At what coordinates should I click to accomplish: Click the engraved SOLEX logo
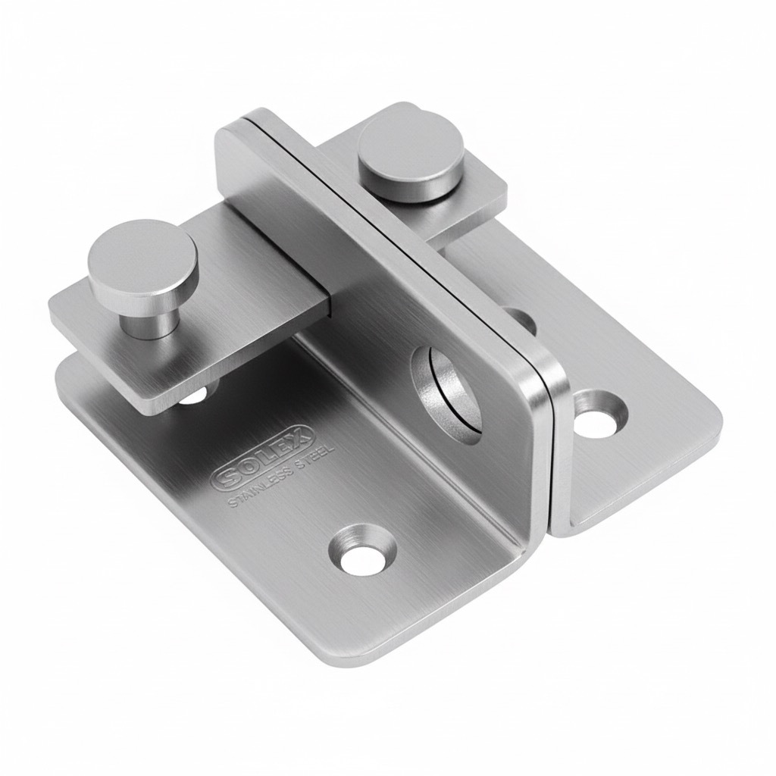click(x=262, y=455)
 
